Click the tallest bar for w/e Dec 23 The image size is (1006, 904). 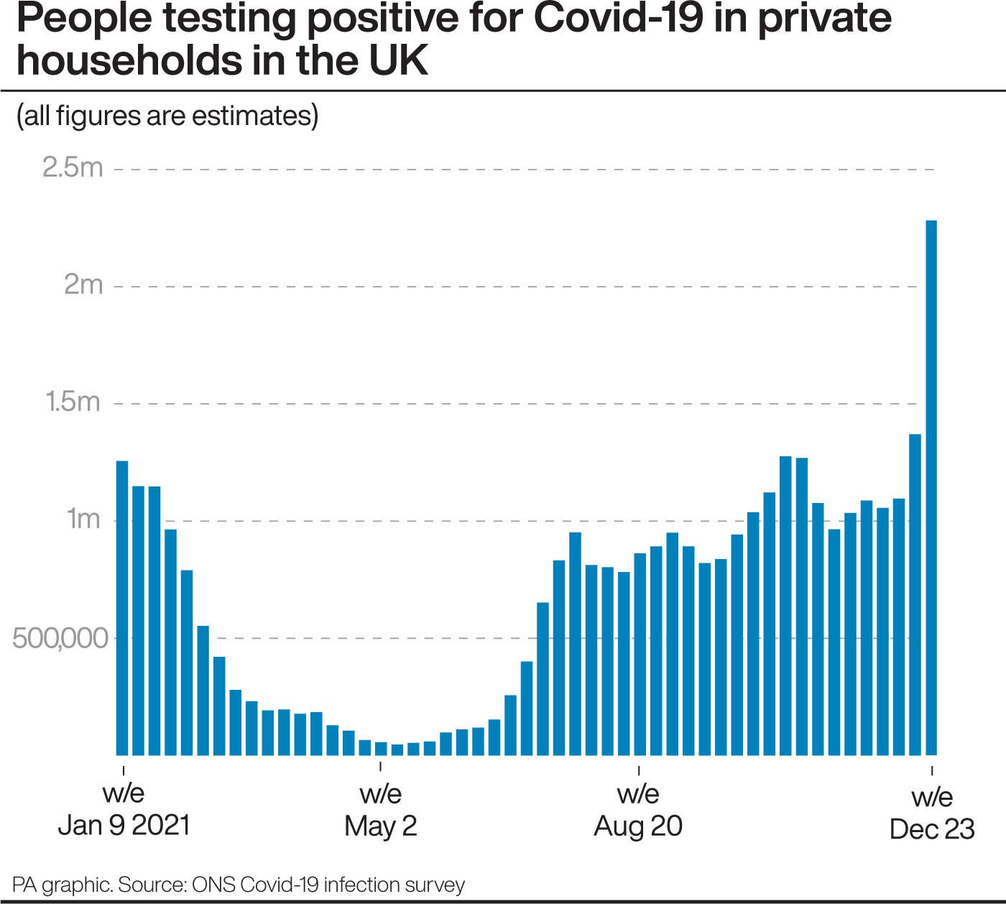click(931, 489)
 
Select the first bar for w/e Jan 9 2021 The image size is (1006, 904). click(122, 608)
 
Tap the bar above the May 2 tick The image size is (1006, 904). click(381, 748)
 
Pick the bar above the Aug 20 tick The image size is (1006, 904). click(640, 654)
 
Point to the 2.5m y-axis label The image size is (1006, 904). click(73, 167)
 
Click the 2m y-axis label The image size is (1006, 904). click(83, 285)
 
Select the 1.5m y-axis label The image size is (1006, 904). click(73, 402)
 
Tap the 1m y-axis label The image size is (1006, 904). click(83, 519)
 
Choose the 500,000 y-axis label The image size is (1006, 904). click(60, 637)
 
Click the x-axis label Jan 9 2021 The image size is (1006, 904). click(124, 825)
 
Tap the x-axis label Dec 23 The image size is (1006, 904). click(931, 829)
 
